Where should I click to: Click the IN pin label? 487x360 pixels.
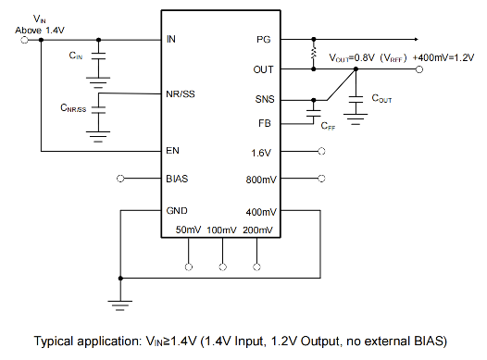point(171,39)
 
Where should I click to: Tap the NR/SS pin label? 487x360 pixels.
point(181,94)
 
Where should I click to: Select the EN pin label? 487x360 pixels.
point(173,151)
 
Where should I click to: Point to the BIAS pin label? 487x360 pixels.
point(177,179)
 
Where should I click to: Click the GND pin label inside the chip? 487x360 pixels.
point(177,211)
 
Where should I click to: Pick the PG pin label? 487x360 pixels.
point(263,40)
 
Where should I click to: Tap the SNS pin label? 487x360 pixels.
point(265,99)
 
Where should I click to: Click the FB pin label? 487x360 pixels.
point(265,123)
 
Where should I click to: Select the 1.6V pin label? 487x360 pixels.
point(261,153)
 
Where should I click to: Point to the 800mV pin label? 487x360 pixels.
point(261,180)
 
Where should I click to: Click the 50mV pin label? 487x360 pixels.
point(188,230)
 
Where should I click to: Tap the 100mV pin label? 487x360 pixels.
point(221,230)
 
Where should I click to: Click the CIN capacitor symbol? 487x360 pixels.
point(98,56)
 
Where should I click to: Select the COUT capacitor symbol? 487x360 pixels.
point(356,100)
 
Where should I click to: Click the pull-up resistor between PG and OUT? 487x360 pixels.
point(314,54)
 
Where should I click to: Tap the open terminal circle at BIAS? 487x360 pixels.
point(120,179)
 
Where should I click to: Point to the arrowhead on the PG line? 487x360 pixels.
point(417,40)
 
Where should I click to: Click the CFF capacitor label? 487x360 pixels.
point(328,126)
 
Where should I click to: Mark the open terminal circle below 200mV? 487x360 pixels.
point(256,267)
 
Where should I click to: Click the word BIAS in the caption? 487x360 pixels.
point(429,341)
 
